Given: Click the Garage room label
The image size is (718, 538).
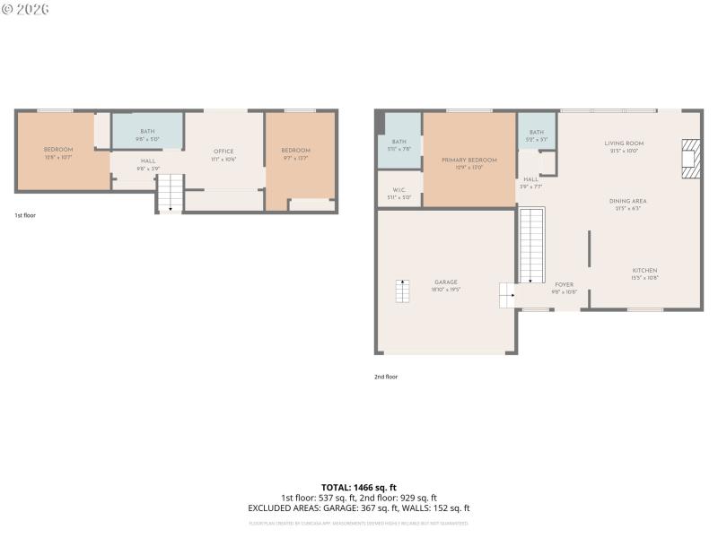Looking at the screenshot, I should point(446,282).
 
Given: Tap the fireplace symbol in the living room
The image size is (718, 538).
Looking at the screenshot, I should point(689,159).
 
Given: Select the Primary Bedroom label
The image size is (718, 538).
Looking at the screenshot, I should point(468,161).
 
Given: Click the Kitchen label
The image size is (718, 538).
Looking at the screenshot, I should point(644,271).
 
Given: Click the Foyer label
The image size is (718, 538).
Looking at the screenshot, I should point(563,285).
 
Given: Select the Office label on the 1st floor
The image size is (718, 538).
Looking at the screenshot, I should point(223,152).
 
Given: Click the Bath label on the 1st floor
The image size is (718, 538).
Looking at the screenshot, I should point(147,132).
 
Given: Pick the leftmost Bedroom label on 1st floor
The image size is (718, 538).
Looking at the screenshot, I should point(58,150).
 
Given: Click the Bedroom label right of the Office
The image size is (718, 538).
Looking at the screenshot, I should point(295,151).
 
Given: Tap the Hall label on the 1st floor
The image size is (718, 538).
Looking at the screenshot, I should point(148,161).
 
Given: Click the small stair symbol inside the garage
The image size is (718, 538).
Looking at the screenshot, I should point(402,291).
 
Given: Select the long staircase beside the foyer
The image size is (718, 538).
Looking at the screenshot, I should point(532,244).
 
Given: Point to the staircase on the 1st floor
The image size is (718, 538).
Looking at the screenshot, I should point(170,193).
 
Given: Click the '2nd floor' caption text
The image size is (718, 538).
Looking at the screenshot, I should point(386,377).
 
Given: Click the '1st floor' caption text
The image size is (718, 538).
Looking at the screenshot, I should point(25,215).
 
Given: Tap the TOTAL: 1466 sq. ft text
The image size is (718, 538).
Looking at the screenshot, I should point(359,487).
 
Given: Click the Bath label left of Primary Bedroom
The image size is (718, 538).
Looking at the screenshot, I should point(398,142).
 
